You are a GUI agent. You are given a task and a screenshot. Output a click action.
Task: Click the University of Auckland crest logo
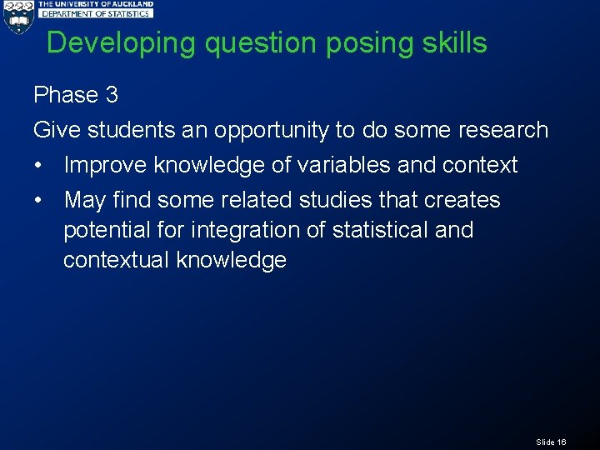(x=17, y=17)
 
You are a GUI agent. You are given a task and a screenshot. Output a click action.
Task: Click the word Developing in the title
(x=122, y=43)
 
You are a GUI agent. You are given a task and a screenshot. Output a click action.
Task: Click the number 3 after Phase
(x=112, y=95)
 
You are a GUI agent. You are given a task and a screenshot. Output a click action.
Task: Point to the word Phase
(x=66, y=95)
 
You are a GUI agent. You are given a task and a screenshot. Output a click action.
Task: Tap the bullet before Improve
(x=39, y=166)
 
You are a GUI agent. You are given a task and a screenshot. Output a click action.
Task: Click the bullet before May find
(x=39, y=201)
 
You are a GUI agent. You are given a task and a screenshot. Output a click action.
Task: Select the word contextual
(x=117, y=260)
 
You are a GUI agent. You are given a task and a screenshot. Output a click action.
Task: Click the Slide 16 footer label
(x=551, y=442)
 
